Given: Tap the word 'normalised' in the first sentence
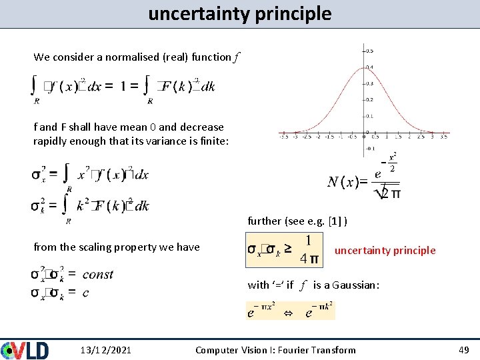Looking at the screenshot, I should pyautogui.click(x=130, y=57).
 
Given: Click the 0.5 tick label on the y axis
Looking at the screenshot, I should pyautogui.click(x=369, y=50).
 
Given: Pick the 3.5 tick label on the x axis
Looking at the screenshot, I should pyautogui.click(x=443, y=136).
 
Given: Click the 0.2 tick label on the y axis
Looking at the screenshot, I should pyautogui.click(x=369, y=99).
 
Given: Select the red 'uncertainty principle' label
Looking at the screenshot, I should pyautogui.click(x=385, y=251).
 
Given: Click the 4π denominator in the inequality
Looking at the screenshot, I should pyautogui.click(x=309, y=257).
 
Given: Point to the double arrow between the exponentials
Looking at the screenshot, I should pyautogui.click(x=281, y=311).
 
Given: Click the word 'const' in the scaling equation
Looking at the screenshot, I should pyautogui.click(x=97, y=274).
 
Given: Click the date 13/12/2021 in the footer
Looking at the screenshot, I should pyautogui.click(x=105, y=350).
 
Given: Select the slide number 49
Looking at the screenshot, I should pyautogui.click(x=465, y=350).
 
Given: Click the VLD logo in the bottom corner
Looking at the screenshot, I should pyautogui.click(x=25, y=349).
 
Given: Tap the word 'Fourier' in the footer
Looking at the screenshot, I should pyautogui.click(x=293, y=350).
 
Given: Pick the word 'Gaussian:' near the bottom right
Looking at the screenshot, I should pyautogui.click(x=358, y=285).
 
